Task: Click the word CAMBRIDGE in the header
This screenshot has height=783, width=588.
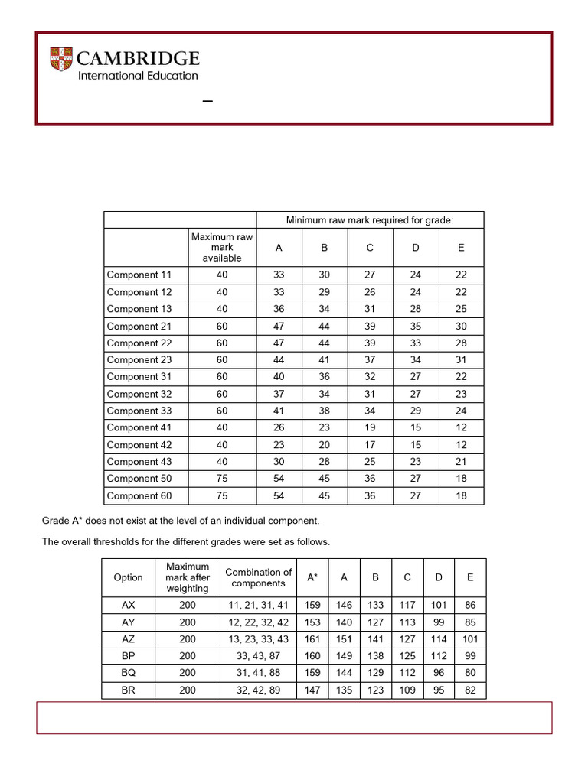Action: (x=139, y=59)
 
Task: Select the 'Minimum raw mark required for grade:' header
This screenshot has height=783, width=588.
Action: (x=370, y=220)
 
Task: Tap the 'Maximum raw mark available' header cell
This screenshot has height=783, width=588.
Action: (x=222, y=248)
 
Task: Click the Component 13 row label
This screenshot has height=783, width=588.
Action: (x=140, y=309)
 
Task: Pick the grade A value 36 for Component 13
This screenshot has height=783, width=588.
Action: (x=279, y=309)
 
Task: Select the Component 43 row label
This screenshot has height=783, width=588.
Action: (x=140, y=462)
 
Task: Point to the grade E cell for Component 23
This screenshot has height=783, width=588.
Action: (x=461, y=360)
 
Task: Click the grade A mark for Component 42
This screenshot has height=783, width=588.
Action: (x=279, y=445)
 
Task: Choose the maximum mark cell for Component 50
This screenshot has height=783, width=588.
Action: (x=222, y=479)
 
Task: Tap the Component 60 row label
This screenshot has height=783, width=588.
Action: (x=140, y=496)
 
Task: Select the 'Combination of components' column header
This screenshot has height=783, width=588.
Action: (x=259, y=578)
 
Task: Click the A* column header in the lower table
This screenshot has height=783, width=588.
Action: (x=312, y=578)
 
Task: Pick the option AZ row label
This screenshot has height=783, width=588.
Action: (x=128, y=639)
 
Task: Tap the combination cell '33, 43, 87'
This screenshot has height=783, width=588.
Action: (x=259, y=656)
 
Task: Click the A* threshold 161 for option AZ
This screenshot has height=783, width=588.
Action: (x=312, y=639)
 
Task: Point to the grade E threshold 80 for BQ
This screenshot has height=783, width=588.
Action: (x=469, y=673)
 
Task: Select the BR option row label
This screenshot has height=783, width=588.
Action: (x=128, y=690)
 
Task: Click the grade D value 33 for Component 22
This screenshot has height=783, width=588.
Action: (x=415, y=343)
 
